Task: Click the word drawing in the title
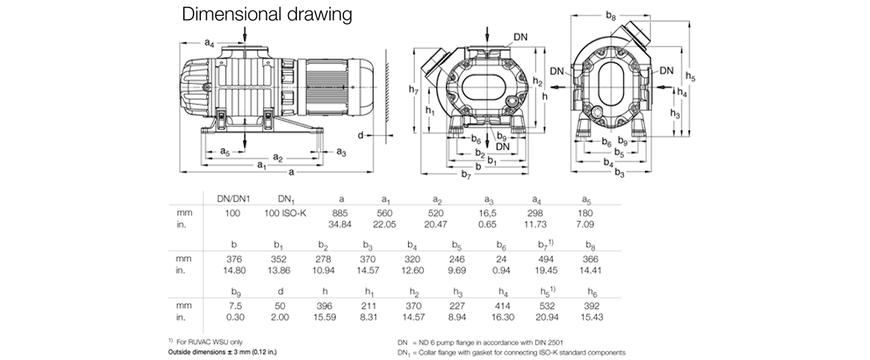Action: click(317, 15)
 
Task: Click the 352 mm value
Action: click(280, 257)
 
